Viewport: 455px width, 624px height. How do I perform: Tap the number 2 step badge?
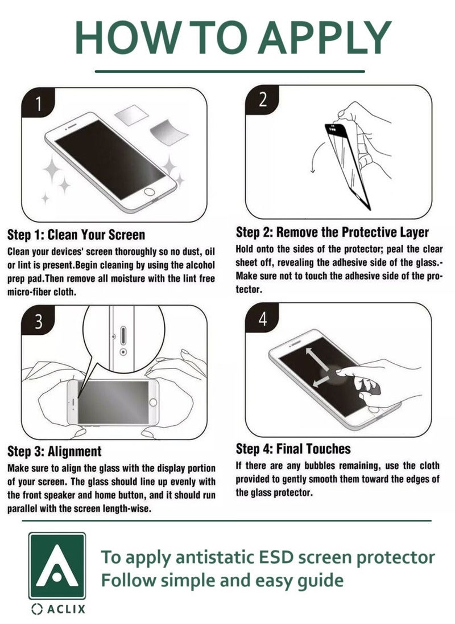(x=262, y=100)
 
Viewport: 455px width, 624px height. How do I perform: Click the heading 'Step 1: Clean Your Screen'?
(x=76, y=235)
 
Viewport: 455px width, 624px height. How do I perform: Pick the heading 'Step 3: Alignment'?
(x=55, y=451)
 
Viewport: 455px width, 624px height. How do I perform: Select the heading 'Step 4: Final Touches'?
(x=293, y=449)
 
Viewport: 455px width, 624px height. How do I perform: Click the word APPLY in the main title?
(x=325, y=37)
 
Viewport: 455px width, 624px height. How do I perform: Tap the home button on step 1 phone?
(x=150, y=192)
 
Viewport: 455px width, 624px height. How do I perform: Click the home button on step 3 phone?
(x=153, y=403)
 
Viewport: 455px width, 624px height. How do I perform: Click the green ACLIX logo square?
(x=57, y=566)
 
